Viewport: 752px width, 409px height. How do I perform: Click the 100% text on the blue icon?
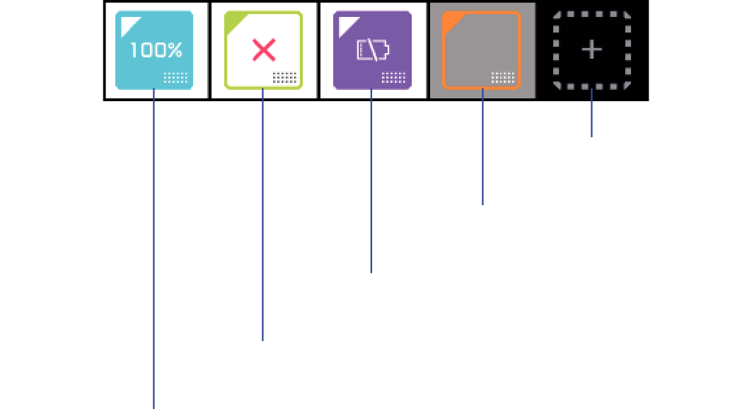point(157,51)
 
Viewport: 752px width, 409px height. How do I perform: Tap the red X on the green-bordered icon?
point(264,50)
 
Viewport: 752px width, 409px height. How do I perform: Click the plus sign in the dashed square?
point(592,50)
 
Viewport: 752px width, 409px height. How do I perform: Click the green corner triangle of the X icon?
point(234,23)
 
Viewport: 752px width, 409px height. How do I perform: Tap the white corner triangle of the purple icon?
point(345,23)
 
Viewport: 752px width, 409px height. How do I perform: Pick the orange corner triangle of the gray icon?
point(451,23)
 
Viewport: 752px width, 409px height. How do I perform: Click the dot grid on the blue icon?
point(175,78)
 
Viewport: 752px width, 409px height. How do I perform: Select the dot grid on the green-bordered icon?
point(284,78)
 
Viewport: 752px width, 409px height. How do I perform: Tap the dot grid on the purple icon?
point(393,78)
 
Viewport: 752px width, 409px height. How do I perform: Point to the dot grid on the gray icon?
point(502,78)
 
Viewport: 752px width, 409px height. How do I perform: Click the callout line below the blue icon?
point(154,248)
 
